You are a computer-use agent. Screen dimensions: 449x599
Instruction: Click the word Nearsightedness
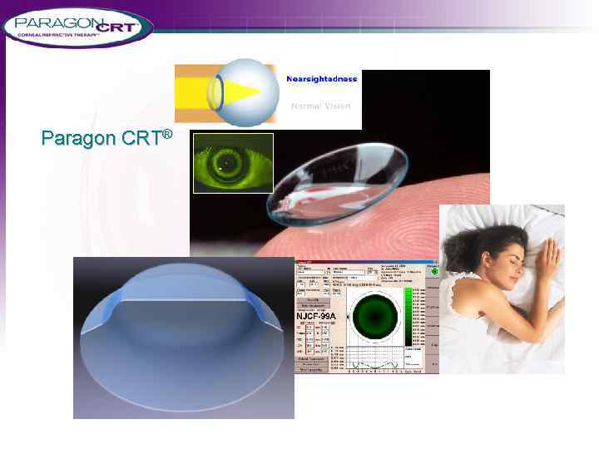tap(321, 79)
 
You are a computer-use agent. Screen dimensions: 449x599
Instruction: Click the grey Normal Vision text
tap(321, 106)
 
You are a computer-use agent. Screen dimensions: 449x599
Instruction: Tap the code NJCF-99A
tap(316, 316)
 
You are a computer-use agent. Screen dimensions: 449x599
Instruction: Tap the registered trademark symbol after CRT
tap(167, 132)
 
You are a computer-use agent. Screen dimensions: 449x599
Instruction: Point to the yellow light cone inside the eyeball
tap(250, 91)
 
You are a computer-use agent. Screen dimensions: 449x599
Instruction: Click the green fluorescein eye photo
tap(233, 163)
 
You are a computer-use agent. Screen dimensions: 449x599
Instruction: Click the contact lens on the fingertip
tap(333, 179)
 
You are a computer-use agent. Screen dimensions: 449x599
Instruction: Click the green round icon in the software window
tap(433, 271)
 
